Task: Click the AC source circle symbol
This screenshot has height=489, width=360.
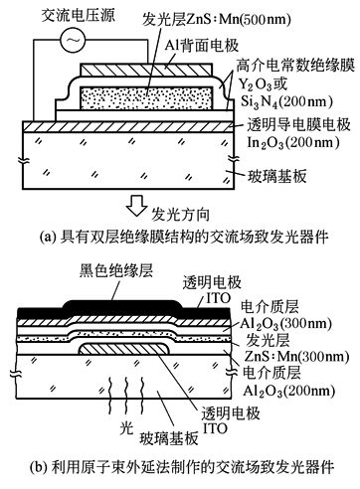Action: coord(73,40)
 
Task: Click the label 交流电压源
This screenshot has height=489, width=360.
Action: coord(78,16)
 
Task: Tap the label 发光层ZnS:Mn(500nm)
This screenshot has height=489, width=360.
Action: coord(217,20)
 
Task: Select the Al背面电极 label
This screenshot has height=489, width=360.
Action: coord(202,45)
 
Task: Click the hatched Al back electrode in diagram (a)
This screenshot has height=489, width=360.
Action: coord(146,69)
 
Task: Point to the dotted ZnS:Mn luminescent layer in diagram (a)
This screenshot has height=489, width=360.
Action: coord(146,96)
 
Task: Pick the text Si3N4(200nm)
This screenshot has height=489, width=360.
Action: coord(286,101)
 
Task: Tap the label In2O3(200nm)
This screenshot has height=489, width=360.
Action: coord(293,142)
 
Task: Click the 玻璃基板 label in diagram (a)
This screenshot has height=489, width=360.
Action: coord(277,176)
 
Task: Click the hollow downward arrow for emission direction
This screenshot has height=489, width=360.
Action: coord(136,206)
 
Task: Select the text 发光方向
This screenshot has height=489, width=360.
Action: coord(181,215)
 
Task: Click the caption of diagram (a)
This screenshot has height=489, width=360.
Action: coord(184,238)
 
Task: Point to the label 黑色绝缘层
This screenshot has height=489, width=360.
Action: coord(116,270)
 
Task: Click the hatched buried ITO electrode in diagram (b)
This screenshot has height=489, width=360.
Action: coord(124,349)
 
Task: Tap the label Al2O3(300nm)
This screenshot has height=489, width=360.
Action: coord(285,324)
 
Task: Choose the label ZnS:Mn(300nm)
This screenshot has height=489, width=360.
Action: coord(296,356)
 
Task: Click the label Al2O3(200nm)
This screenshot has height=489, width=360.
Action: coord(288,391)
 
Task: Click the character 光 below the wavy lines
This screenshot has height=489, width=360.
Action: coord(126,429)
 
